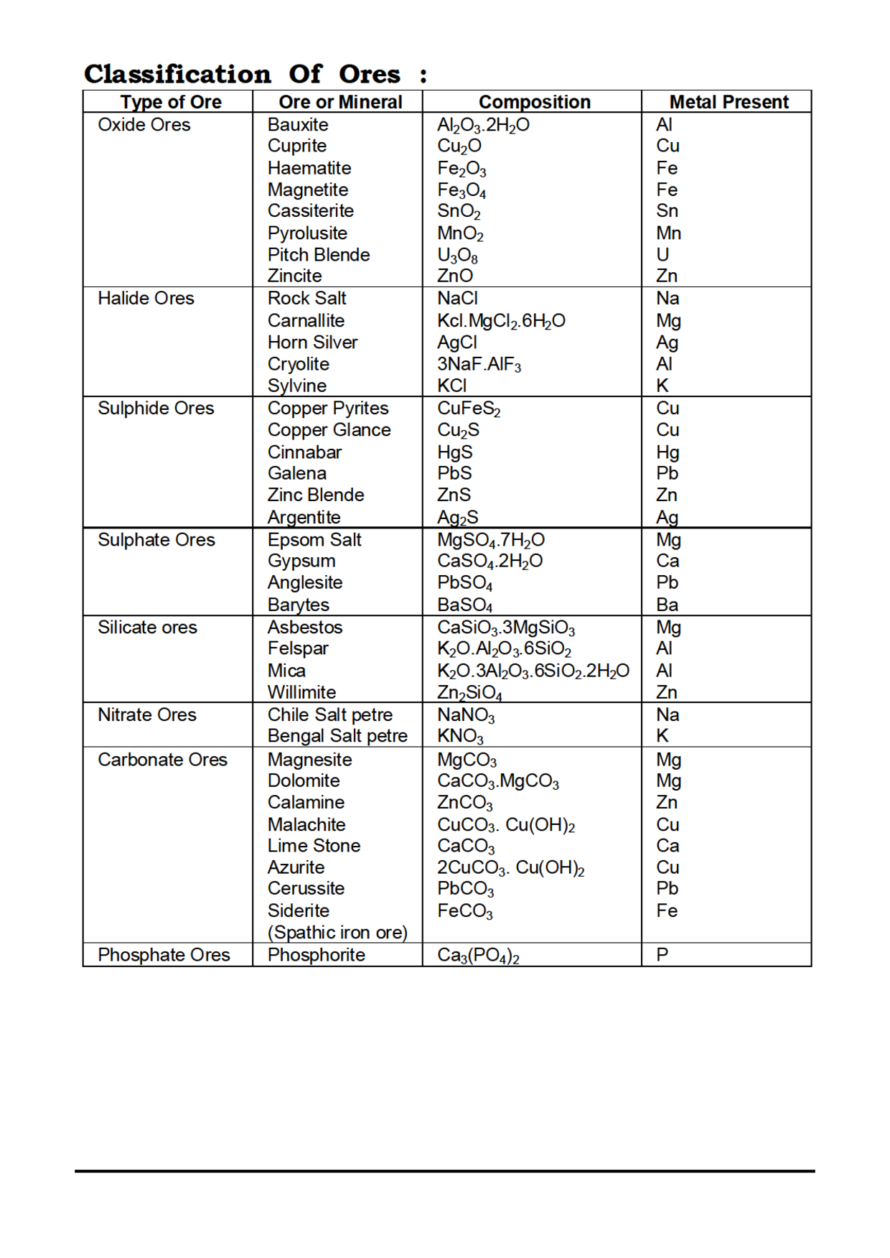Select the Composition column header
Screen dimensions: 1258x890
coord(534,102)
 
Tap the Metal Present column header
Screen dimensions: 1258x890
coord(729,102)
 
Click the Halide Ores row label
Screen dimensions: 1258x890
coord(146,298)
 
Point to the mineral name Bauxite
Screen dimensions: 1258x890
coord(298,124)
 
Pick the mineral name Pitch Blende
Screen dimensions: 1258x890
coord(319,255)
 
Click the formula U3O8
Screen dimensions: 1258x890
coord(457,256)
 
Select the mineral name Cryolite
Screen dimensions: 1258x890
coord(298,364)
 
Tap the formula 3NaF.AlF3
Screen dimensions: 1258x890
coord(479,364)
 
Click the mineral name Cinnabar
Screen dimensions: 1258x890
coord(304,452)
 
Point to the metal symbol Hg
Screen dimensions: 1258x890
coord(667,452)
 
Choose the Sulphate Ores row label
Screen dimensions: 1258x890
coord(156,540)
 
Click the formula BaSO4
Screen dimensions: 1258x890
coord(464,605)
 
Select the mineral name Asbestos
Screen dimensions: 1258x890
coord(305,627)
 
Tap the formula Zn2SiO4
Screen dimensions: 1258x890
coord(469,693)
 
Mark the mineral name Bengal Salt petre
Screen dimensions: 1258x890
coord(337,736)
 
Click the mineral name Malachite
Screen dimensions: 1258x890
coord(306,824)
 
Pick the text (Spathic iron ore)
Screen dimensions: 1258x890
coord(337,933)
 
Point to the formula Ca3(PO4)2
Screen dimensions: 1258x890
coord(478,956)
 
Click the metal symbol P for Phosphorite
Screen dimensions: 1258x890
coord(662,955)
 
